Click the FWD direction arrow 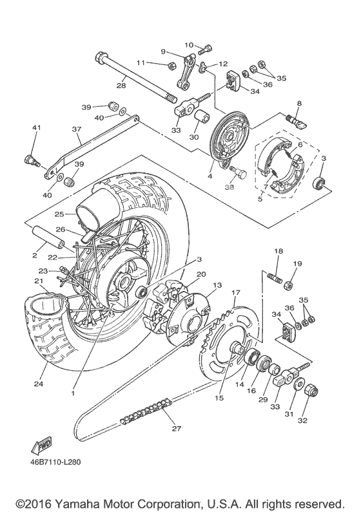click(43, 445)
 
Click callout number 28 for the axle click(121, 86)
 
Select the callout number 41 click(36, 127)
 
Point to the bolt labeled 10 click(206, 49)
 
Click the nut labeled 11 click(171, 66)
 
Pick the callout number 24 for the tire click(39, 384)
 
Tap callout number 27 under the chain click(177, 429)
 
